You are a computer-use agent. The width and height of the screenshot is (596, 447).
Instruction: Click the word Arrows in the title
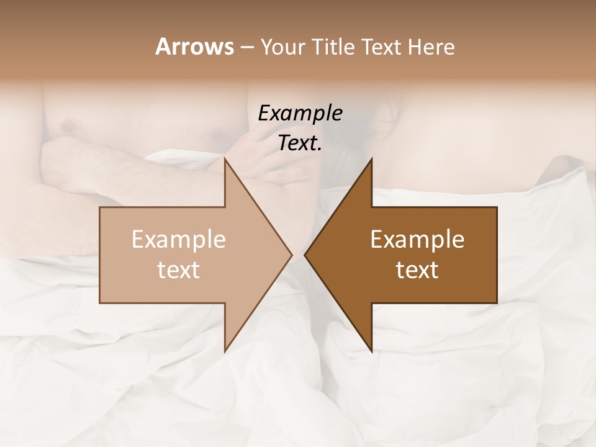(x=194, y=47)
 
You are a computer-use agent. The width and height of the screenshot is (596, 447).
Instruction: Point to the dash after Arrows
(x=246, y=47)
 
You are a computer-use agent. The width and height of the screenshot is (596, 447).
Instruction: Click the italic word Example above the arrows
(x=300, y=114)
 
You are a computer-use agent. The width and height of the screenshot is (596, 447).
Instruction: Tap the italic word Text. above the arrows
(x=300, y=143)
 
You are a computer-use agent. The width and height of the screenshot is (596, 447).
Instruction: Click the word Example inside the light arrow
(x=179, y=239)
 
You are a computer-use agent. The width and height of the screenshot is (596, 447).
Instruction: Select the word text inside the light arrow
(x=179, y=270)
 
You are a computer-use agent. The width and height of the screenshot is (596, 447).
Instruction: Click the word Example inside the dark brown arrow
(x=417, y=239)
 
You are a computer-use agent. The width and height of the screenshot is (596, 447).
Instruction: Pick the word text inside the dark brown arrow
(x=417, y=270)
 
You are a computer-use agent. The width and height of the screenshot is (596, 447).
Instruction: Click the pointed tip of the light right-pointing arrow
(x=292, y=255)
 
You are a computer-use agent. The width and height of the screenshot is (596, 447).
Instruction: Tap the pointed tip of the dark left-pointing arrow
(x=305, y=255)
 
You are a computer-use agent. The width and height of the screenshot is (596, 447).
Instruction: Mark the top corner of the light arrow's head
(x=225, y=159)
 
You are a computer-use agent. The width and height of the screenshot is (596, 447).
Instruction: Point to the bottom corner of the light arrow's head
(x=225, y=351)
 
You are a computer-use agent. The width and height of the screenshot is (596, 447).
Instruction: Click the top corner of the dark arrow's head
(x=372, y=159)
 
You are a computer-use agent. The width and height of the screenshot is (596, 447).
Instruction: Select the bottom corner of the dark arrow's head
(x=372, y=351)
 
